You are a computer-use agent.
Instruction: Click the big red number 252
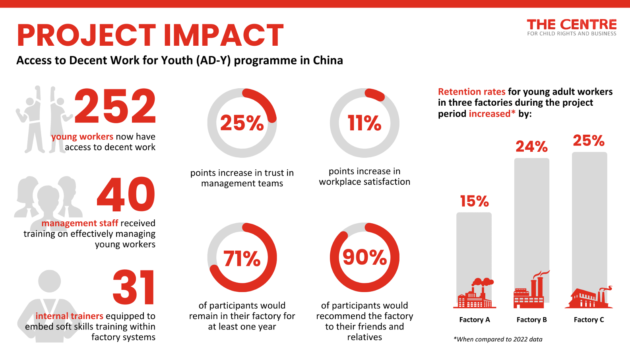(115, 106)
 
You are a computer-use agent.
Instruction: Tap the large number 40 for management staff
(126, 194)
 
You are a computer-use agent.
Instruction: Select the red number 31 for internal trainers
(134, 287)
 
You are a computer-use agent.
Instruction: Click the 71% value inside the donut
(242, 258)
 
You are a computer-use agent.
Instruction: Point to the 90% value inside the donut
(364, 257)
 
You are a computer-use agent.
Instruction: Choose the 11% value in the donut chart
(364, 123)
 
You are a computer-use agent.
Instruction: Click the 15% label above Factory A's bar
(475, 201)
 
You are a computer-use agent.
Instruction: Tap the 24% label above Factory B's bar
(531, 147)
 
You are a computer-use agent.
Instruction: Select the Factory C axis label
(589, 319)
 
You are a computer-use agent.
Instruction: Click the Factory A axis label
(475, 319)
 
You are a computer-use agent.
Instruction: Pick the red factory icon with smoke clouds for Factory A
(475, 293)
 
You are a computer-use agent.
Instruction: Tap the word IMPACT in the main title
(224, 35)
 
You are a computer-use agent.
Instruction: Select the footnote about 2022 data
(498, 339)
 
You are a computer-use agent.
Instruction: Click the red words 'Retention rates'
(472, 92)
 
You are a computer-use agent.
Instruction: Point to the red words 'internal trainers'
(69, 316)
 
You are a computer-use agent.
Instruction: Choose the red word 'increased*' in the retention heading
(492, 114)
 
